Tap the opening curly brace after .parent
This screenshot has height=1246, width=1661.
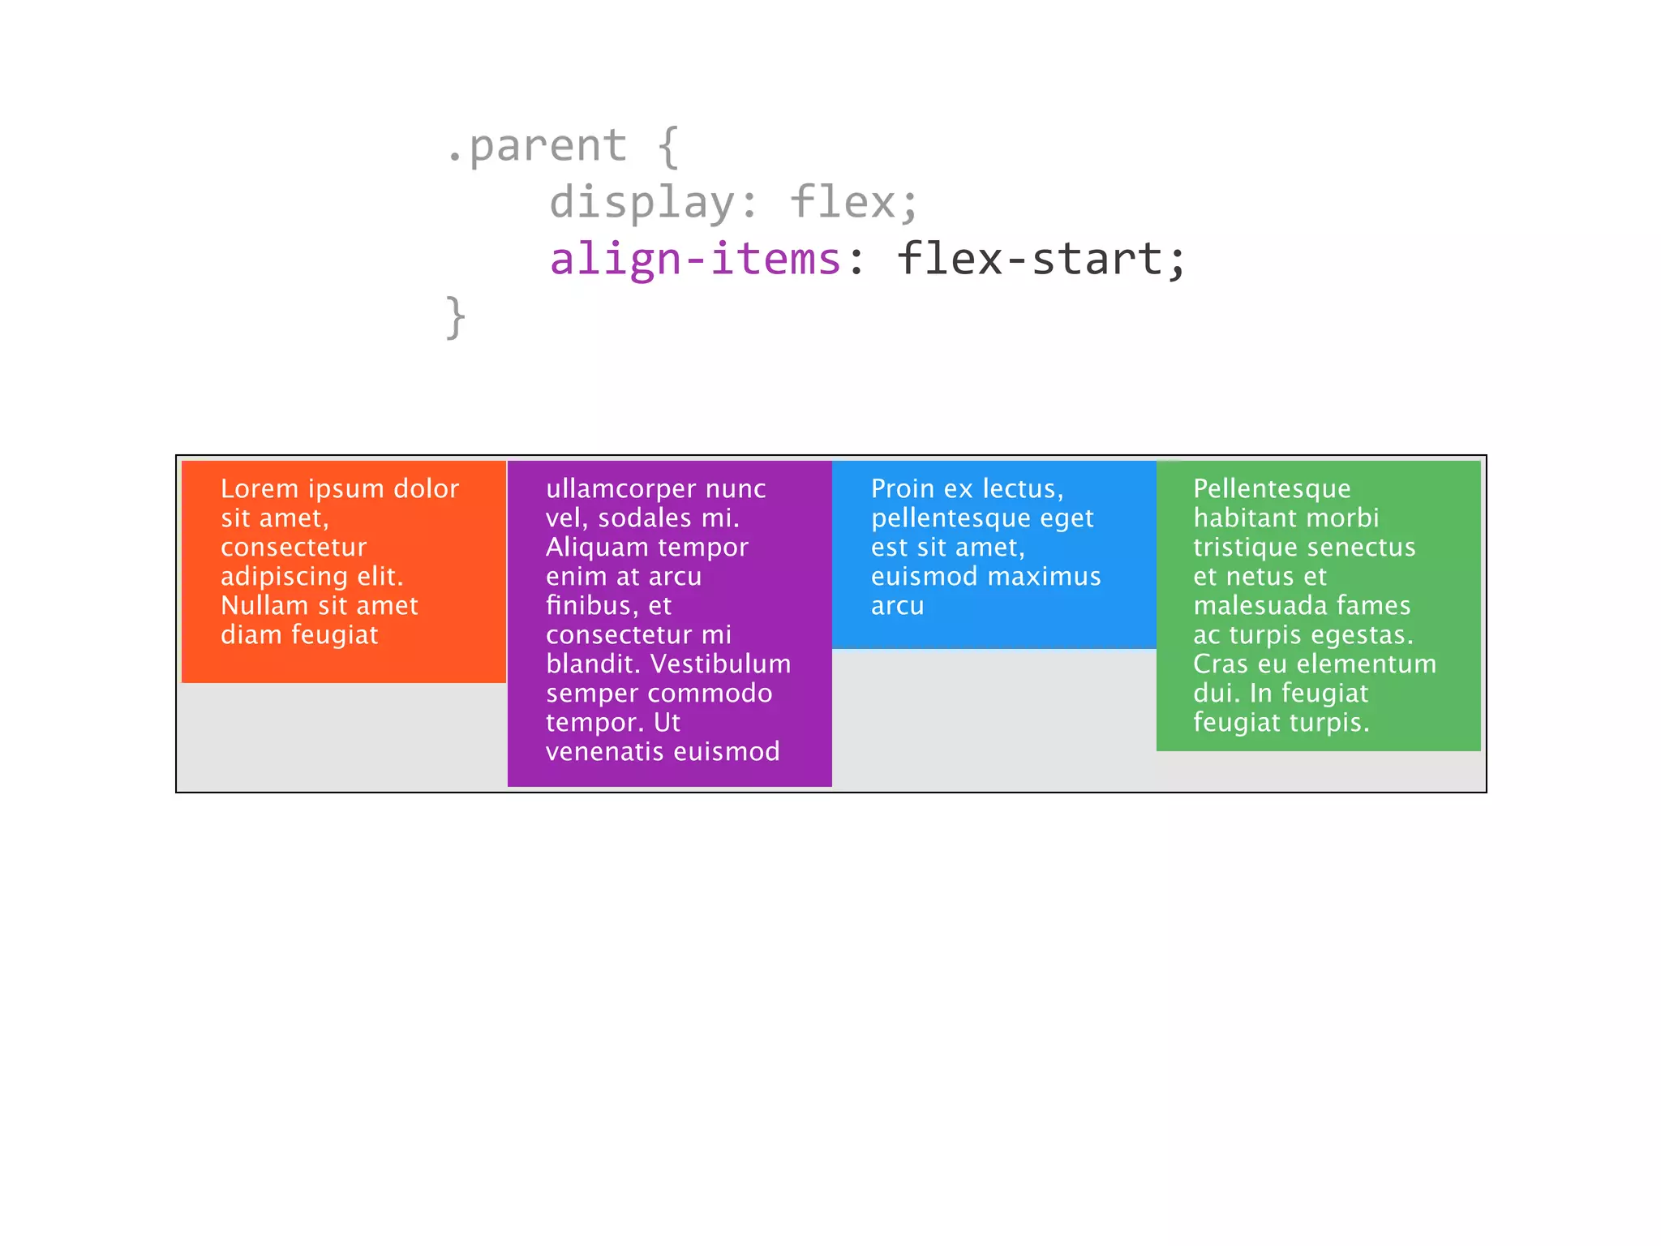(x=667, y=147)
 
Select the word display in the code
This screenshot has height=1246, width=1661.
(x=642, y=202)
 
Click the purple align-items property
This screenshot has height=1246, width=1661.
(x=695, y=259)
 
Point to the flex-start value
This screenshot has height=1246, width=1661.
(x=1030, y=259)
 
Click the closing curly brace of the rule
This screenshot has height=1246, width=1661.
(x=456, y=316)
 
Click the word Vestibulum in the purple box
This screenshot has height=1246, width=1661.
(x=720, y=664)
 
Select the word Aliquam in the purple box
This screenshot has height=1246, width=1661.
(x=592, y=547)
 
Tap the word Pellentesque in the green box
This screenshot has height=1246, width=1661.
(x=1272, y=488)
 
